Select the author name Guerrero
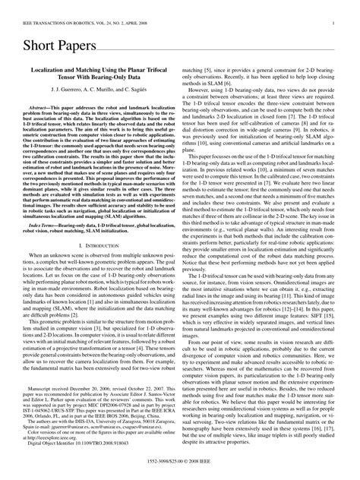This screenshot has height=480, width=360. coord(52,112)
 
